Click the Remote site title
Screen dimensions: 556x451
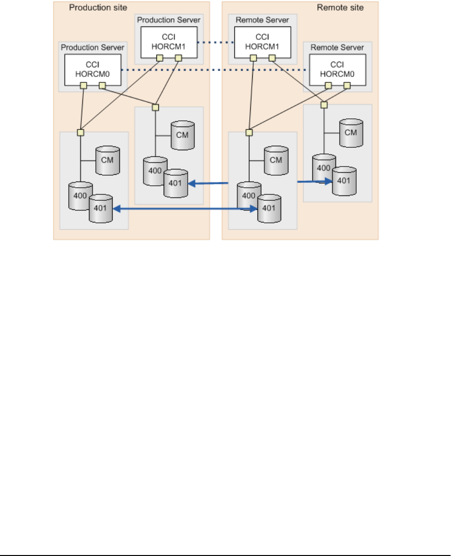pyautogui.click(x=340, y=8)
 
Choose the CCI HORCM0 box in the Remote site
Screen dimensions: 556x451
pyautogui.click(x=337, y=70)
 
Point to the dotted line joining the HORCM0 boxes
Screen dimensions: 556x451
pyautogui.click(x=214, y=70)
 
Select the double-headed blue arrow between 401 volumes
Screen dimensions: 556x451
pyautogui.click(x=185, y=209)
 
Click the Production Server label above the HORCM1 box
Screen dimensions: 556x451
pyautogui.click(x=168, y=20)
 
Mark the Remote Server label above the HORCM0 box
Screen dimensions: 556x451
pyautogui.click(x=337, y=47)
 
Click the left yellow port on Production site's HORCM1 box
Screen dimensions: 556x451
pyautogui.click(x=159, y=58)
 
